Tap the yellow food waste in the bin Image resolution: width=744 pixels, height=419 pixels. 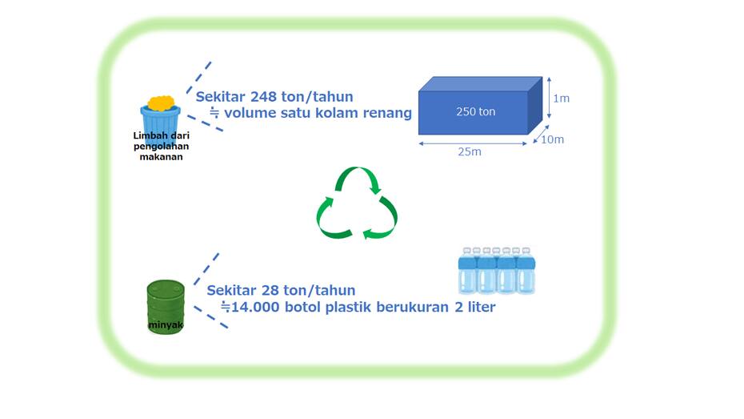coord(161,103)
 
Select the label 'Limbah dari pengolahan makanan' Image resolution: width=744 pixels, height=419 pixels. coord(158,146)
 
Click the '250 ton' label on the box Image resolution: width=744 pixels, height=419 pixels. coord(475,111)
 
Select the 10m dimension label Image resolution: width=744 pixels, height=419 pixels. coord(553,140)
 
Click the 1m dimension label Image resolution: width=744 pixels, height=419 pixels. coord(561,99)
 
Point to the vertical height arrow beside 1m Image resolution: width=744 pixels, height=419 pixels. coord(550,98)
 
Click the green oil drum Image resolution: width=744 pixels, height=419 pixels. coord(166,306)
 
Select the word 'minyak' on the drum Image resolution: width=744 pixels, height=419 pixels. coord(165,325)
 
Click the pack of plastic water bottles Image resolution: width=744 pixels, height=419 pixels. coord(496,270)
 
